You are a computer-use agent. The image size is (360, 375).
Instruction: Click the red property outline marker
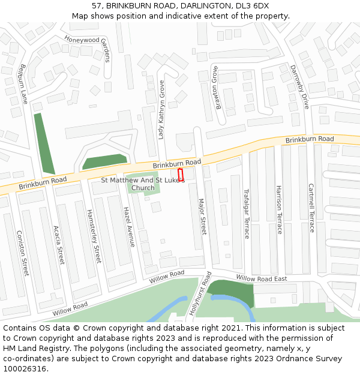pos(181,175)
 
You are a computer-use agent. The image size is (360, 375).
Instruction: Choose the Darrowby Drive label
pos(299,86)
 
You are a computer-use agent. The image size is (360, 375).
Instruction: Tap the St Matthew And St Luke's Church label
pos(143,184)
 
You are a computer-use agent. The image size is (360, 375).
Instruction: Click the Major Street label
pos(202,217)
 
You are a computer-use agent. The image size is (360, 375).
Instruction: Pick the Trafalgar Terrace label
pos(246,214)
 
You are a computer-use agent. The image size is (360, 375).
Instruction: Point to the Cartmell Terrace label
pos(311,208)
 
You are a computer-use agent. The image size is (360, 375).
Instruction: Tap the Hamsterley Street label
pos(94,236)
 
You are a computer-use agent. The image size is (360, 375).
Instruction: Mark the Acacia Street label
pos(59,245)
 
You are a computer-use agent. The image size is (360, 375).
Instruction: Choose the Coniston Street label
pos(22,253)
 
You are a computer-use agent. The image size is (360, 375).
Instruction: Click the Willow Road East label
pos(262,278)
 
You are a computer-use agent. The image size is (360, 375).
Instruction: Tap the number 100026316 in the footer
pos(26,369)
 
